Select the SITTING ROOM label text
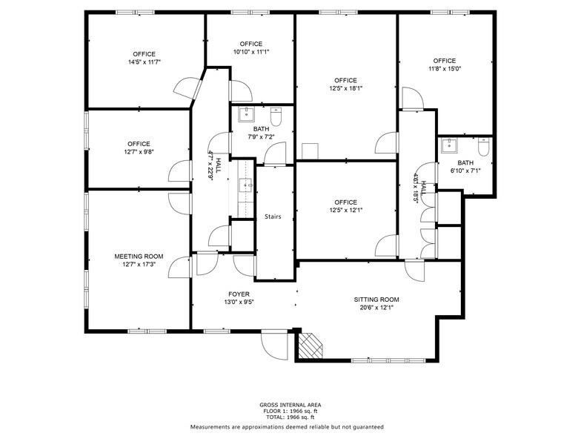tap(376, 300)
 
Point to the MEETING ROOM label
tap(139, 257)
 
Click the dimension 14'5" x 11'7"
tap(145, 62)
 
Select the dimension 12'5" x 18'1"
tap(345, 88)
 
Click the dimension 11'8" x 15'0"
tap(445, 69)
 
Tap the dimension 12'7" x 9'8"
tap(139, 152)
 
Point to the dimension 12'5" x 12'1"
tap(345, 211)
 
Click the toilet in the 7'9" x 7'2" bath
tap(276, 116)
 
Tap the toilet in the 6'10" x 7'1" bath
tap(483, 148)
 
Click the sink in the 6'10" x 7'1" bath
tap(448, 146)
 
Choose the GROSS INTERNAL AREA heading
tap(290, 405)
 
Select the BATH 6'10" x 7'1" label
tap(465, 167)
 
